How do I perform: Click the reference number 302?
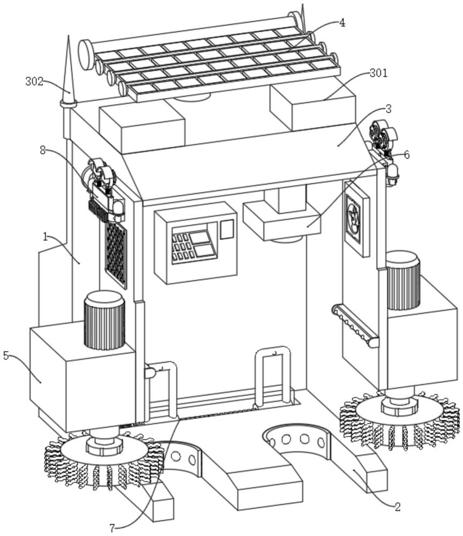(34, 82)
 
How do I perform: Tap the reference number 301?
(378, 72)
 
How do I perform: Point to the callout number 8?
(43, 151)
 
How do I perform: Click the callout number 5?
(6, 355)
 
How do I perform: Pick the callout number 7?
(112, 528)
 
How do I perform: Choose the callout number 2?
(397, 507)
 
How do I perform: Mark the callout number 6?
(407, 155)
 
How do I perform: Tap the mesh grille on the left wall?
(116, 252)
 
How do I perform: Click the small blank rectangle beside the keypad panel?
(228, 229)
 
